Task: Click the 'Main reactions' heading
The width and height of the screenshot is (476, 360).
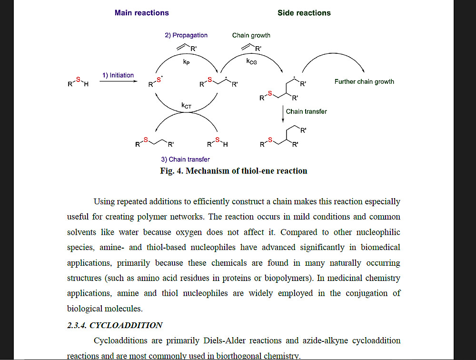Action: [141, 13]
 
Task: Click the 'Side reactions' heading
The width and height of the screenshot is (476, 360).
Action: [304, 13]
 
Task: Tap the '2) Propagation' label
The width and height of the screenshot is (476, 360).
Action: [186, 35]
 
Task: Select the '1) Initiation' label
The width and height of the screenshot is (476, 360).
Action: [118, 75]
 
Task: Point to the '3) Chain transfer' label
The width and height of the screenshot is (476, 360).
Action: [185, 160]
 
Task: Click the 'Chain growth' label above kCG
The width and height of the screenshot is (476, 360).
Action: [251, 35]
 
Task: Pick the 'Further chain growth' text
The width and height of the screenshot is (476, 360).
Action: [364, 81]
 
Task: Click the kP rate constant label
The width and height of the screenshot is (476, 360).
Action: [187, 63]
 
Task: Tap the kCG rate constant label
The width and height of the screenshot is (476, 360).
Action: [251, 61]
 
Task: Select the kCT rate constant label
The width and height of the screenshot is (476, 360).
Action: [186, 106]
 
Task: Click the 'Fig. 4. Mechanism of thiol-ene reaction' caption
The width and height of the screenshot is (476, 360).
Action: [234, 171]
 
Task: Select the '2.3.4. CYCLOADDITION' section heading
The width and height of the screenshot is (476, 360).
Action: [115, 325]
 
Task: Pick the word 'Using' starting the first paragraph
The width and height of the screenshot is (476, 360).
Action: [104, 201]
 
